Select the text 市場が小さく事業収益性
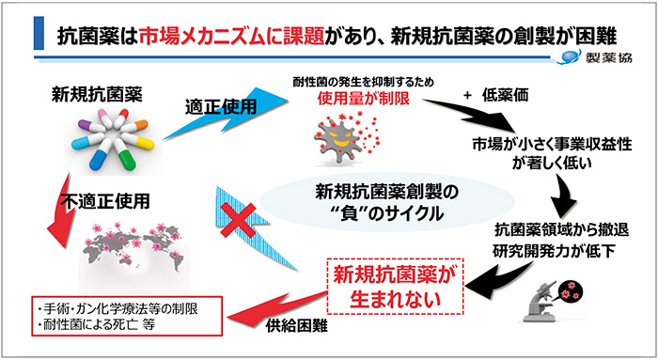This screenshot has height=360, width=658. click(x=546, y=144)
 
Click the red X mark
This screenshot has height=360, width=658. click(x=240, y=219)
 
